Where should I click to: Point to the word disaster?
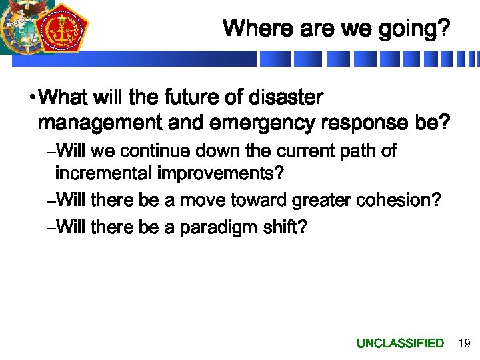click(285, 98)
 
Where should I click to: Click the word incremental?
click(104, 175)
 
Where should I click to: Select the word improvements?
click(221, 175)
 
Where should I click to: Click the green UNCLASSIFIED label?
click(400, 343)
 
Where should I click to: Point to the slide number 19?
click(464, 343)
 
